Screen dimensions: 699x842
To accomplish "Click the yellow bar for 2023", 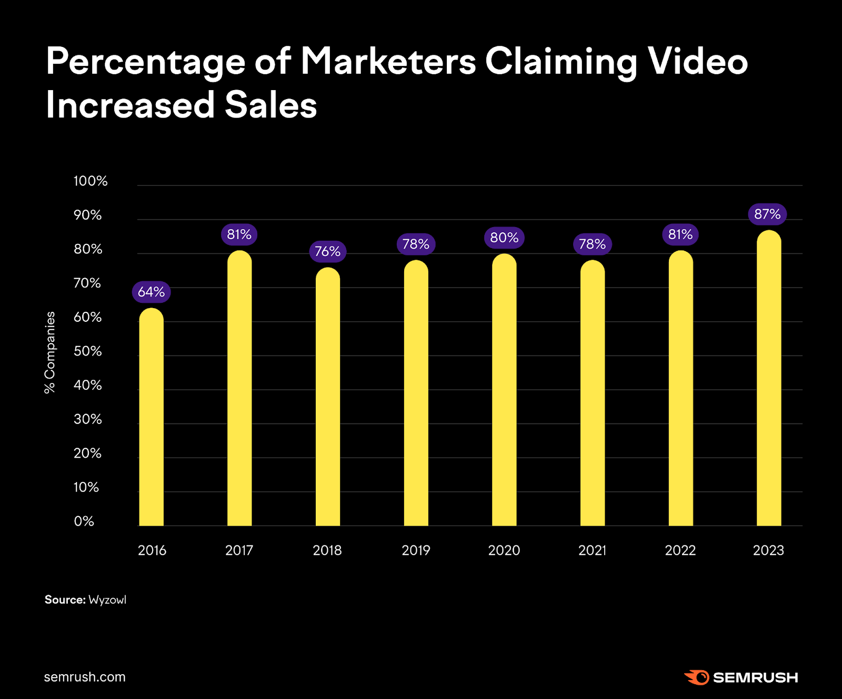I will [769, 379].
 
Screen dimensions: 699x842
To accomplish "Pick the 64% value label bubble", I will [151, 292].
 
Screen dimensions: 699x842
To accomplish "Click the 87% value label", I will [767, 214].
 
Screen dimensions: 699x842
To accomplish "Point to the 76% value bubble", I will [327, 252].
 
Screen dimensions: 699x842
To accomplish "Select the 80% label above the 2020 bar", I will [504, 238].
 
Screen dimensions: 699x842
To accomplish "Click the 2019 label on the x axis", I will [416, 550].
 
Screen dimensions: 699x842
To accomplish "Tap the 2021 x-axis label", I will [592, 550].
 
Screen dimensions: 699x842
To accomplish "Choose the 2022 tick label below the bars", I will [680, 550].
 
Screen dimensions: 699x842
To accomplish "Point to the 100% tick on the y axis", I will [91, 181].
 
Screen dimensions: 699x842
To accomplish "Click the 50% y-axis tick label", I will [88, 351].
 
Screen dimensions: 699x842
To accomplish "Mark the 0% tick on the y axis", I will [84, 521].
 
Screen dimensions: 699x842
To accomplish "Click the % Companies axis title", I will [50, 352].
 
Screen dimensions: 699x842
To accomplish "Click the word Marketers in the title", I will [388, 62].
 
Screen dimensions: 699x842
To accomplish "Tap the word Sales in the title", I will [270, 105].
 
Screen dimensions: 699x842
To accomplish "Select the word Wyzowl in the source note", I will [107, 600].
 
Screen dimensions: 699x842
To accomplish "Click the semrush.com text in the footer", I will [85, 677].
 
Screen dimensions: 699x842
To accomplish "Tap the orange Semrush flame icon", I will [697, 677].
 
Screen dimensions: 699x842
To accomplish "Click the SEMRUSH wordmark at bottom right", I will [755, 678].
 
